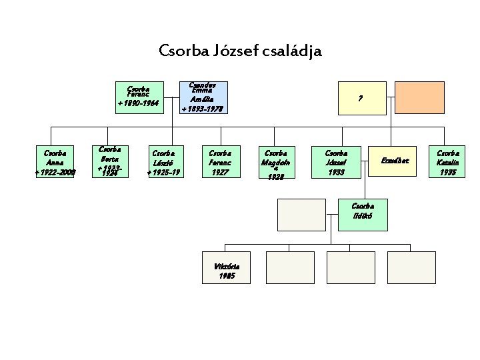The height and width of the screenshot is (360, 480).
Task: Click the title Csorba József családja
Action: coord(240,50)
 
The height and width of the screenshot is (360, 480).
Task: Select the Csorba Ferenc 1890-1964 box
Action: coord(138,97)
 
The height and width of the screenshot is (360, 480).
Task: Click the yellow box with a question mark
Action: coord(360,97)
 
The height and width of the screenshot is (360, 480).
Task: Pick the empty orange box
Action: coord(419,97)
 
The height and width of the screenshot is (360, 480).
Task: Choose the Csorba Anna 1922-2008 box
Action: coord(55,162)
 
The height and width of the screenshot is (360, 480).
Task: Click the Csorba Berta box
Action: coord(109,162)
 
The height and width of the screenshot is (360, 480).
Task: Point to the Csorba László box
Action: coord(164,162)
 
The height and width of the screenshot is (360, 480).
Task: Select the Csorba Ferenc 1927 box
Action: coord(219,162)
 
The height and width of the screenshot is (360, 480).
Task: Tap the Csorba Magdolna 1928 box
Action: coord(275,162)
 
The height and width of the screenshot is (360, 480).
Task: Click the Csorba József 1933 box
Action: coord(336,162)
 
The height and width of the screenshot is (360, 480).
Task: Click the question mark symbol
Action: coord(360,98)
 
